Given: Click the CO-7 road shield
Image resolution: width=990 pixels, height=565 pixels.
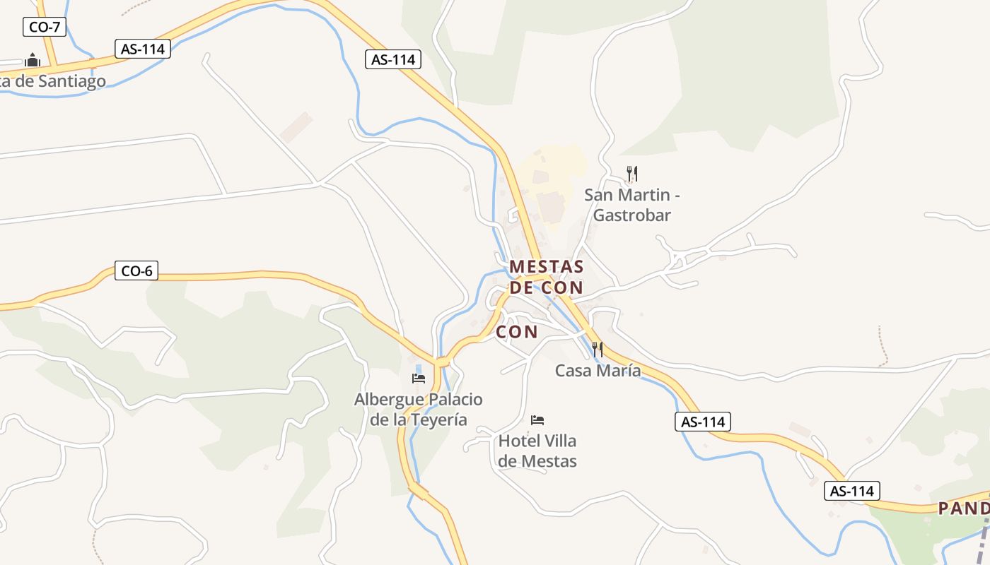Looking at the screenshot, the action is pyautogui.click(x=45, y=28).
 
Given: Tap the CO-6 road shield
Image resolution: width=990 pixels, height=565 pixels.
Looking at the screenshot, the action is pyautogui.click(x=136, y=270).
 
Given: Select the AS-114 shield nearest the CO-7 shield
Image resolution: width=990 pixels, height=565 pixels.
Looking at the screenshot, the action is pyautogui.click(x=143, y=49).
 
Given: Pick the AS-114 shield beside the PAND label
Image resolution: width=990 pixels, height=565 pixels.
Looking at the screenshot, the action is pyautogui.click(x=852, y=491).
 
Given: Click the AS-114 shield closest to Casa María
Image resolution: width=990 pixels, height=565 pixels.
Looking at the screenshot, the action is pyautogui.click(x=702, y=422).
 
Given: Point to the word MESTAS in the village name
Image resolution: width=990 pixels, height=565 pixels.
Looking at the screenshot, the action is pyautogui.click(x=547, y=267).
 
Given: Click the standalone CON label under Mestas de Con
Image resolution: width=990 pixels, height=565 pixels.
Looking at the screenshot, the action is pyautogui.click(x=517, y=331).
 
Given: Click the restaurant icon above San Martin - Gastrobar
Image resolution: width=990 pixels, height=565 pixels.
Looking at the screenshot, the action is pyautogui.click(x=632, y=173).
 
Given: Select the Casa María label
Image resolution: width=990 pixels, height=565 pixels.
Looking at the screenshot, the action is pyautogui.click(x=598, y=370).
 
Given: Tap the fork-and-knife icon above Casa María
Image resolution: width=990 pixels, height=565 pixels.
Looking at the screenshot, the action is pyautogui.click(x=598, y=349).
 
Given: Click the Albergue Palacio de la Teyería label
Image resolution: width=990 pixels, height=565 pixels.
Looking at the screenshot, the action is pyautogui.click(x=419, y=410).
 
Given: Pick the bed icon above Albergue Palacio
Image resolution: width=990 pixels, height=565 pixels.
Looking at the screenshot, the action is pyautogui.click(x=419, y=379).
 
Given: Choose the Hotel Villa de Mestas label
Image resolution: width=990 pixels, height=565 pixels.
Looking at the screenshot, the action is pyautogui.click(x=537, y=451).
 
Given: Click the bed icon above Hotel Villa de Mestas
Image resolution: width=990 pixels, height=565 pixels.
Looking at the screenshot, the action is pyautogui.click(x=537, y=420).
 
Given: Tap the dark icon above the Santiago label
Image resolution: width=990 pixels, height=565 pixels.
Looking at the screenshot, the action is pyautogui.click(x=33, y=60).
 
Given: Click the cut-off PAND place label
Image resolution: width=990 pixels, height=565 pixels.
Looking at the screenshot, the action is pyautogui.click(x=964, y=509).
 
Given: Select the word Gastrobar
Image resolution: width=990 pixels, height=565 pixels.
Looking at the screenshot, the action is pyautogui.click(x=631, y=215).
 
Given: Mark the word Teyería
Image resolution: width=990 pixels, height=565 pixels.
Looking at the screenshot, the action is pyautogui.click(x=438, y=420).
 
